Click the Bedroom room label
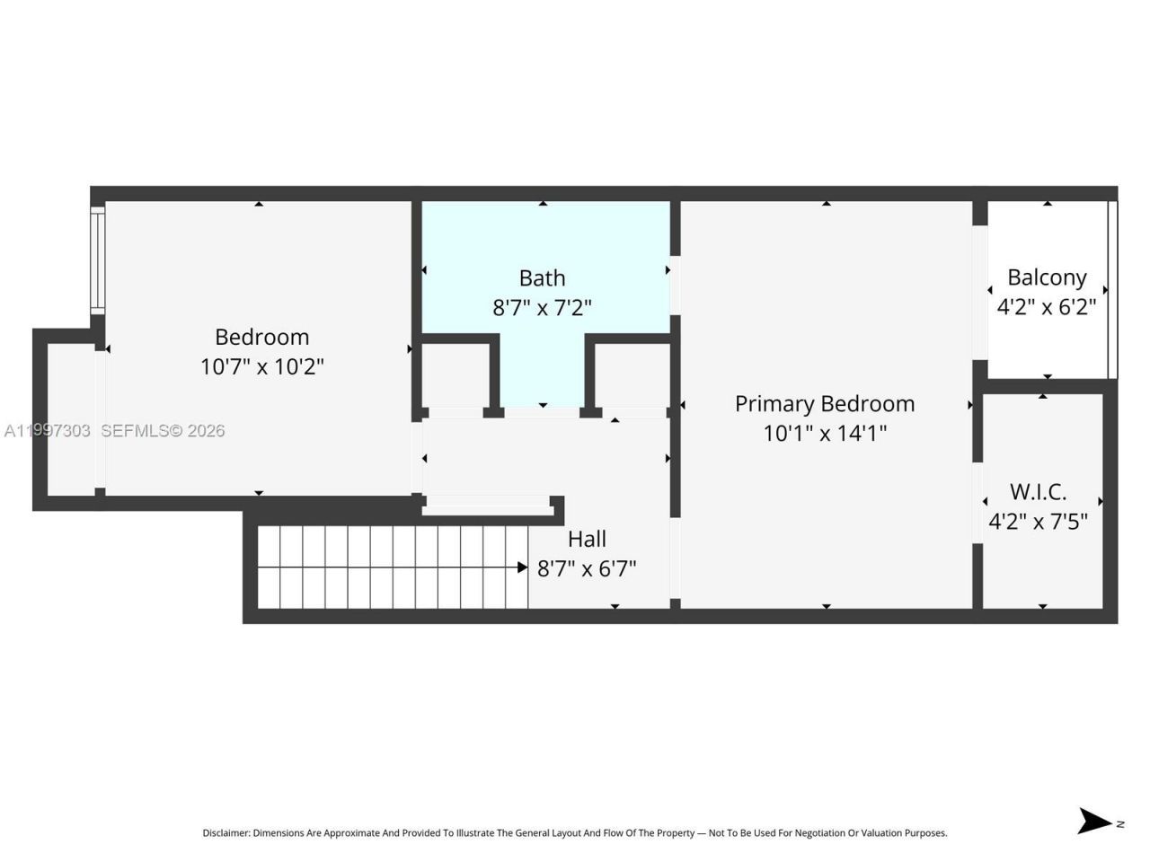coord(261,337)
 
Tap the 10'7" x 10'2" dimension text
coord(261,366)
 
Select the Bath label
coord(542,277)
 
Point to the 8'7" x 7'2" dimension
coord(542,307)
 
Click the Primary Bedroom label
coord(825,403)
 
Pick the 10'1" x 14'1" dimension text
coord(825,433)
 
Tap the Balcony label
coord(1047,277)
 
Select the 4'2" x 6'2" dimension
coord(1047,307)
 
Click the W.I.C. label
coord(1038,491)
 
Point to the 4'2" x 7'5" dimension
coord(1038,521)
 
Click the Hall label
coord(587,539)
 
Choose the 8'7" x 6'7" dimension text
coord(587,568)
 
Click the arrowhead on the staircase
coord(522,567)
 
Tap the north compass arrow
coord(1094,821)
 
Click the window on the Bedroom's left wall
coord(97,260)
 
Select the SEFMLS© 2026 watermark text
coord(163,431)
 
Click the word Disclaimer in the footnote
coord(226,833)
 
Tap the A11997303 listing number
coord(47,431)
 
